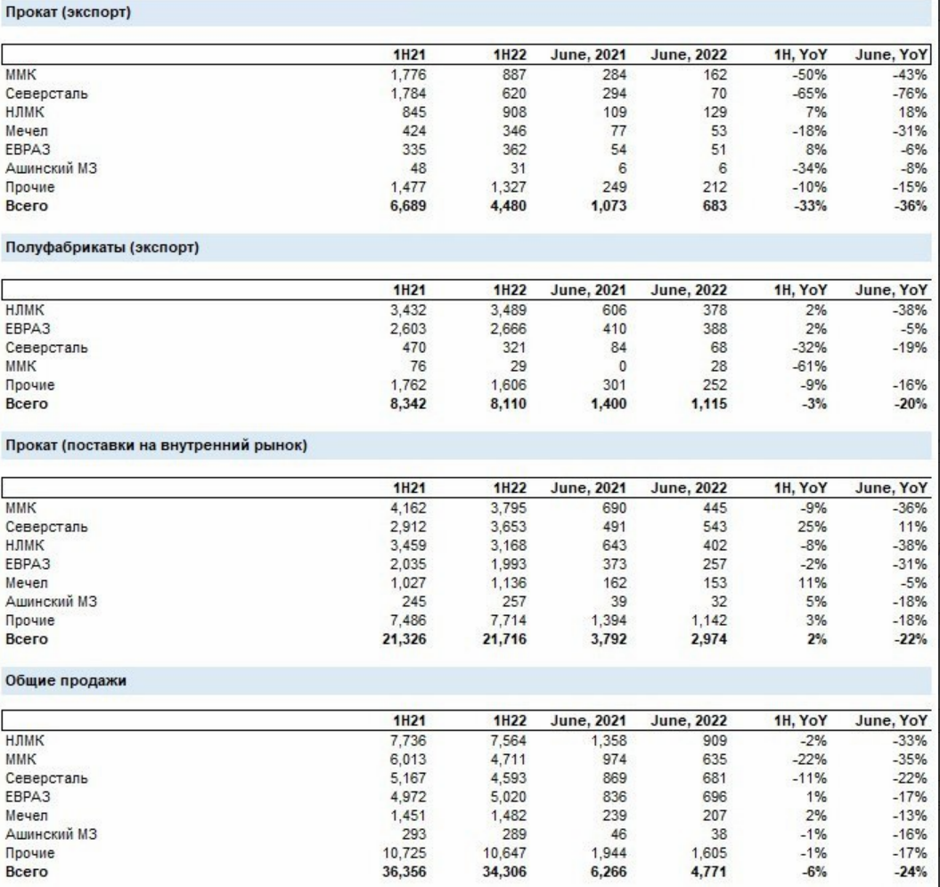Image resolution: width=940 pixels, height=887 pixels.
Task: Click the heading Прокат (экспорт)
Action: click(68, 12)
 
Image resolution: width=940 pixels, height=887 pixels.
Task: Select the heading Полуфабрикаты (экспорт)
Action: click(102, 247)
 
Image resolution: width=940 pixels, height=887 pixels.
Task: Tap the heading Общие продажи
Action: click(66, 681)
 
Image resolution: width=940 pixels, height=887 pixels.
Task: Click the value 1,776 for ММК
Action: click(408, 75)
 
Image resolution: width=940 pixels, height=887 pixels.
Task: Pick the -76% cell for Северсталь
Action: click(910, 94)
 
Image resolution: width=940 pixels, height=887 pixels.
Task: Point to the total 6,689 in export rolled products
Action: click(408, 206)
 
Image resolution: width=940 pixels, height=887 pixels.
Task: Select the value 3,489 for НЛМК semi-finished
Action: click(509, 310)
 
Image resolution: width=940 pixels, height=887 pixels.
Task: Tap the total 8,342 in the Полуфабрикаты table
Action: click(408, 404)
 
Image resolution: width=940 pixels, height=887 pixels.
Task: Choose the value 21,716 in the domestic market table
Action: click(504, 638)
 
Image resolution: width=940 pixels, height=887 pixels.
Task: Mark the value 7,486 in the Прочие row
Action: click(408, 620)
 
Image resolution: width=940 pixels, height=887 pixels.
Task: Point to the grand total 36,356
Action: click(404, 872)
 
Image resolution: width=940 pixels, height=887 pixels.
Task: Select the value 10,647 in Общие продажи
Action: click(505, 853)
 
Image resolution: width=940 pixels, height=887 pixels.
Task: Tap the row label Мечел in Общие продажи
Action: click(27, 816)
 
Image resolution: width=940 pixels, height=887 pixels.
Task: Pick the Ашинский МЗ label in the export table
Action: click(51, 168)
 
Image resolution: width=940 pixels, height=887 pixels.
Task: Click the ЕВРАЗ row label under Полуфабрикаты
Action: click(28, 329)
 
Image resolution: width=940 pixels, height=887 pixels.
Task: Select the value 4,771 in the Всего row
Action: click(708, 872)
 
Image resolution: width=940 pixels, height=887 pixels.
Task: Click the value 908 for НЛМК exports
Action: click(514, 112)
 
